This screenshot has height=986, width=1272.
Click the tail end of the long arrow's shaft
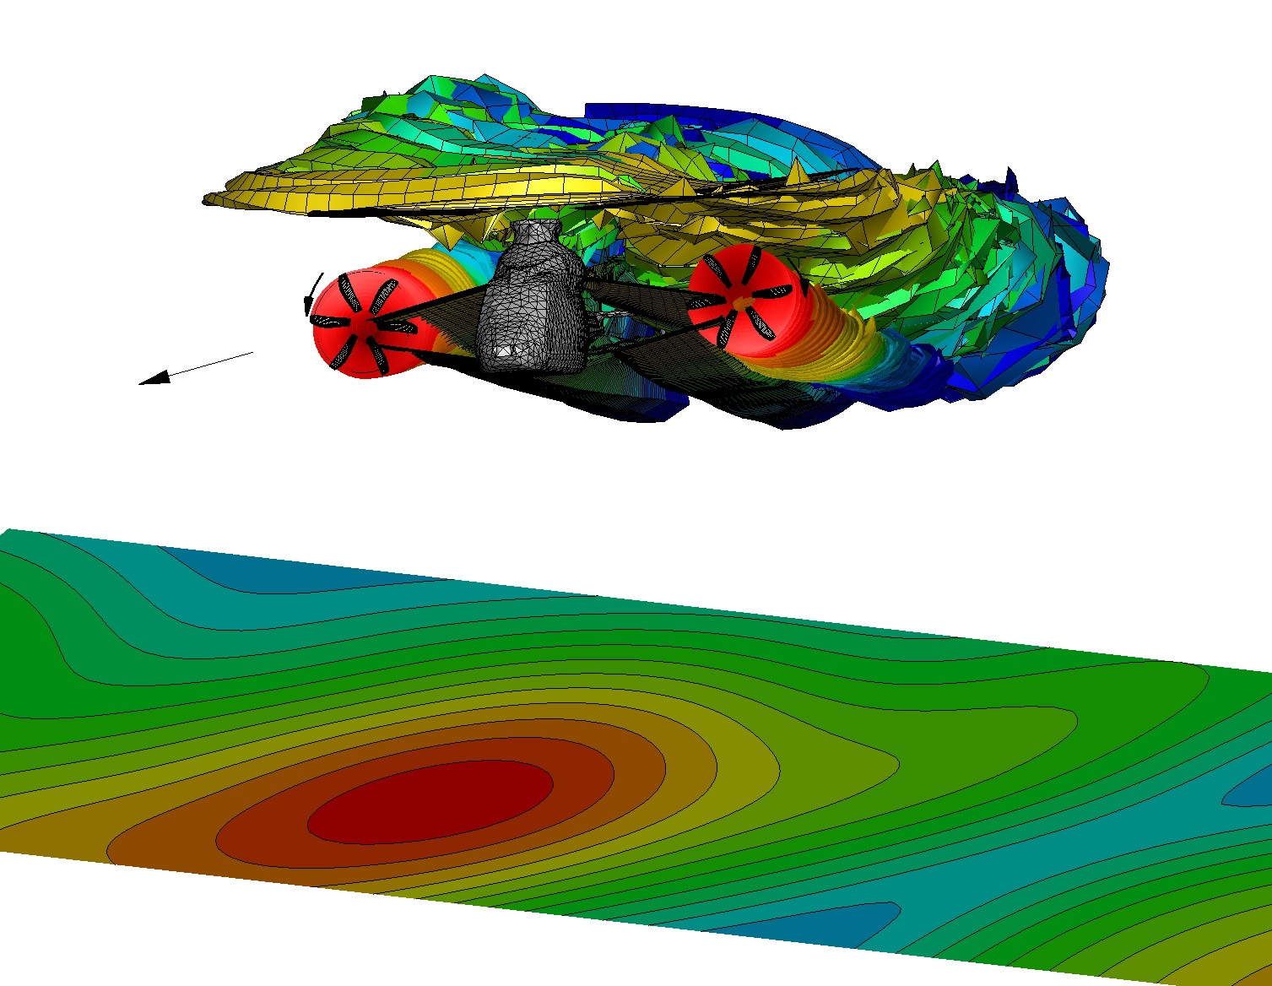click(252, 353)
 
